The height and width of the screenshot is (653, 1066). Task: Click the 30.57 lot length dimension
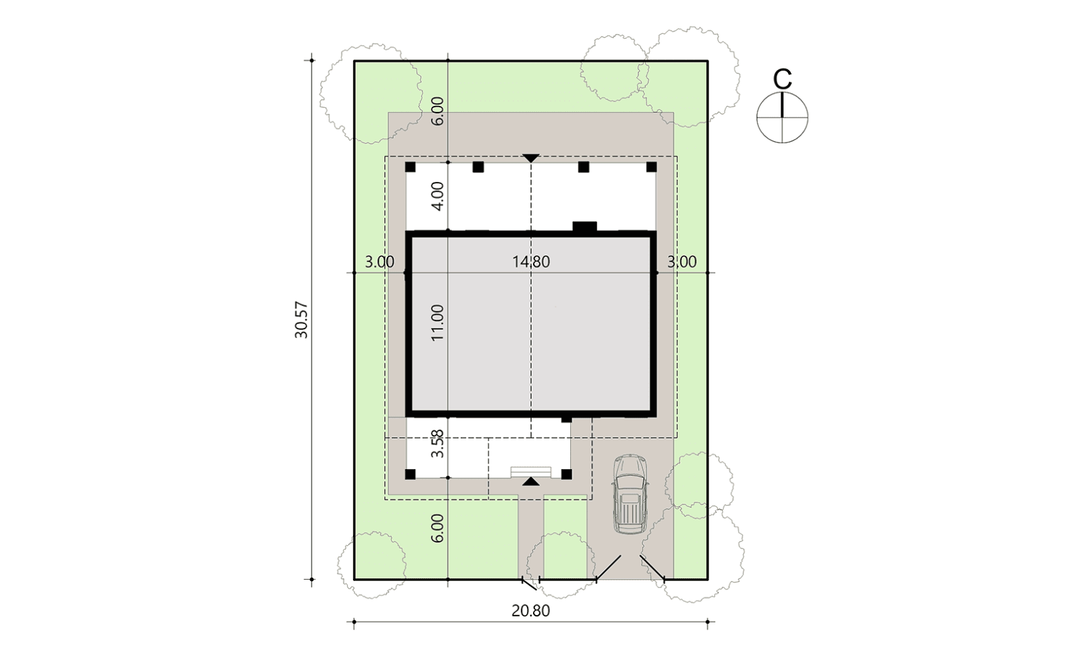pyautogui.click(x=301, y=320)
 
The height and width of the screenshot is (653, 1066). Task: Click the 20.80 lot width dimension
pyautogui.click(x=530, y=610)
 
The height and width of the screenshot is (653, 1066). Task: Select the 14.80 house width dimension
pyautogui.click(x=530, y=261)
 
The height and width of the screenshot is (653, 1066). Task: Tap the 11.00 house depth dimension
pyautogui.click(x=437, y=322)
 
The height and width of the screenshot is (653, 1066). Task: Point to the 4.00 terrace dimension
pyautogui.click(x=437, y=196)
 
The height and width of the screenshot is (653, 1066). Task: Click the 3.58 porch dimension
pyautogui.click(x=437, y=444)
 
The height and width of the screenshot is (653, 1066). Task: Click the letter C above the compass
pyautogui.click(x=782, y=79)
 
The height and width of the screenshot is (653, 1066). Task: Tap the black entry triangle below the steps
pyautogui.click(x=530, y=482)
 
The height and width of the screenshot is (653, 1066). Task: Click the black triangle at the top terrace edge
pyautogui.click(x=530, y=158)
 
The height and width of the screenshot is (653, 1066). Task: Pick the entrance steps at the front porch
pyautogui.click(x=530, y=472)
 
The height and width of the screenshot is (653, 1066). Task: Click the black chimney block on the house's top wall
pyautogui.click(x=585, y=227)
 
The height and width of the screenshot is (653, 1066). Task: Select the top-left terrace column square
pyautogui.click(x=410, y=167)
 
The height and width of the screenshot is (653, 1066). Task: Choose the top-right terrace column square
pyautogui.click(x=652, y=167)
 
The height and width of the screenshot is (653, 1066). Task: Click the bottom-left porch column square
pyautogui.click(x=410, y=474)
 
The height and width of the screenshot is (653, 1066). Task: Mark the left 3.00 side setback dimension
pyautogui.click(x=380, y=261)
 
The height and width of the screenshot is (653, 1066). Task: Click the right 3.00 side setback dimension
pyautogui.click(x=682, y=261)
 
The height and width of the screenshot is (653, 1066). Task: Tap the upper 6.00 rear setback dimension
pyautogui.click(x=437, y=111)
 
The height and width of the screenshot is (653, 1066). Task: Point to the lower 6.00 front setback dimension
pyautogui.click(x=437, y=528)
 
